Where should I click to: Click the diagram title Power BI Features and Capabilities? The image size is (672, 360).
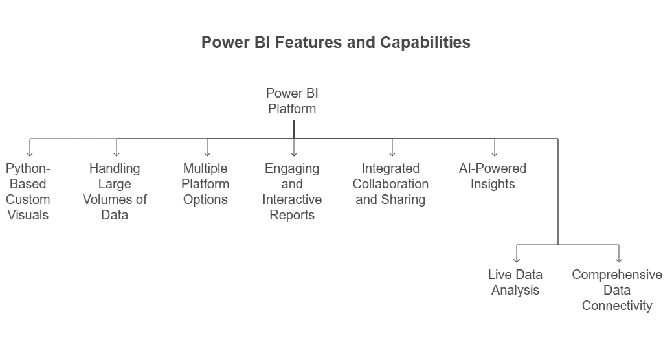pos(335,43)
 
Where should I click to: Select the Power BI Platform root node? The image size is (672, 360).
pos(292,101)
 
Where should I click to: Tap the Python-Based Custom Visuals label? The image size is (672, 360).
pos(28,192)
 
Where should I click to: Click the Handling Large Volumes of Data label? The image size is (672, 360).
pos(115,192)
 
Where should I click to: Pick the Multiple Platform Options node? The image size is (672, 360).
pos(205,184)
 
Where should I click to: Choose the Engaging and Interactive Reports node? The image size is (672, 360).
pos(292,192)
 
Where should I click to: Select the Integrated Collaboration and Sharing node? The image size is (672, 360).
pos(390,184)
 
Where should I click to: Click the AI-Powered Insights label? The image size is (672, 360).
pos(493,176)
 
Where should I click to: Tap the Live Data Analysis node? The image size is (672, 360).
pos(515,282)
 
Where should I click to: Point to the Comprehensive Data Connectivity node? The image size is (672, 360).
pos(617,290)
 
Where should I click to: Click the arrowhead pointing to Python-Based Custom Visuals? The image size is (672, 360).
pos(30,153)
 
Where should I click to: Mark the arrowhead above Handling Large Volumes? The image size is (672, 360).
pos(116,153)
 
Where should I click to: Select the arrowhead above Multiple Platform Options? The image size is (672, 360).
pos(207,153)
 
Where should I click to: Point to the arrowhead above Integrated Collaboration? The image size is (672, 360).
pos(392,153)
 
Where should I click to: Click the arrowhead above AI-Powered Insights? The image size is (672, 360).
pos(495,153)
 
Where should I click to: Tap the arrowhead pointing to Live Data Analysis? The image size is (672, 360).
pos(517,260)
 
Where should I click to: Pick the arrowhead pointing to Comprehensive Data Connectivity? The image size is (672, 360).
pos(619,260)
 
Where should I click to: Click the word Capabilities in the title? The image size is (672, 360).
pos(425,43)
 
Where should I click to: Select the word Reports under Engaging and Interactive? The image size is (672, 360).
pos(292,215)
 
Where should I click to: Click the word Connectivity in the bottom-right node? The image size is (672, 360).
pos(617,306)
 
